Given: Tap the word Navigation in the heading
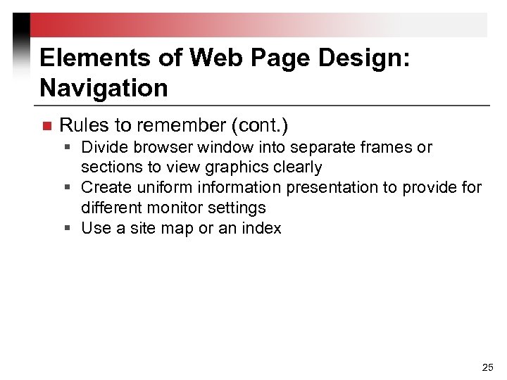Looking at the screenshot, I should click(x=104, y=89).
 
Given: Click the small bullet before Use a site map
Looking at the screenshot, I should click(x=71, y=228).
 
